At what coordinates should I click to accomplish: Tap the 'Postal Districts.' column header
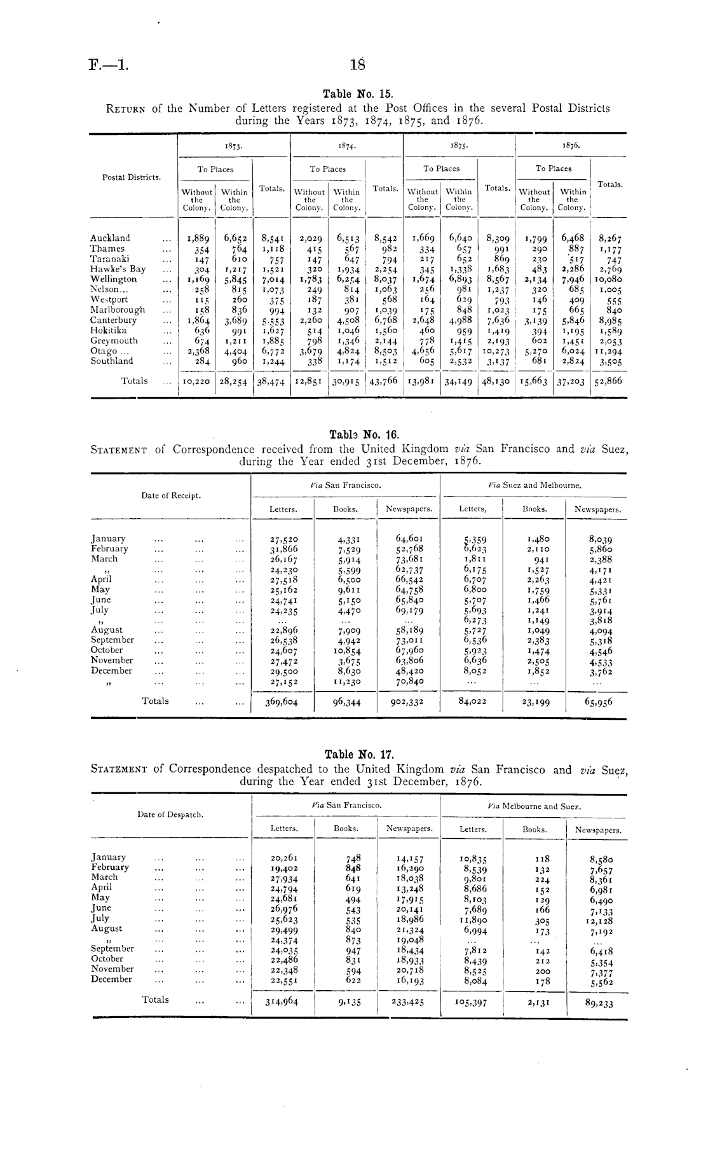(132, 177)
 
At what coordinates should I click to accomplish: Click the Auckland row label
(110, 238)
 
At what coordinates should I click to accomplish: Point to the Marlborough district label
(118, 310)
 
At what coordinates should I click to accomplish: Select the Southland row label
(112, 361)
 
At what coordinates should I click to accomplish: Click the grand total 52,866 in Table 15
(609, 382)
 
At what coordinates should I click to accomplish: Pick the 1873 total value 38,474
(271, 382)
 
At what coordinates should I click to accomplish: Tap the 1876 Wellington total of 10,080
(609, 279)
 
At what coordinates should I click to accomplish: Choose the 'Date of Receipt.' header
(171, 495)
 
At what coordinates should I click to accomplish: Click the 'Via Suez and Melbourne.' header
(534, 485)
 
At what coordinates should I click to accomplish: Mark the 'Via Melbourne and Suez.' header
(534, 806)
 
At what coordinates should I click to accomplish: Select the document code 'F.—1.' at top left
(109, 64)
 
